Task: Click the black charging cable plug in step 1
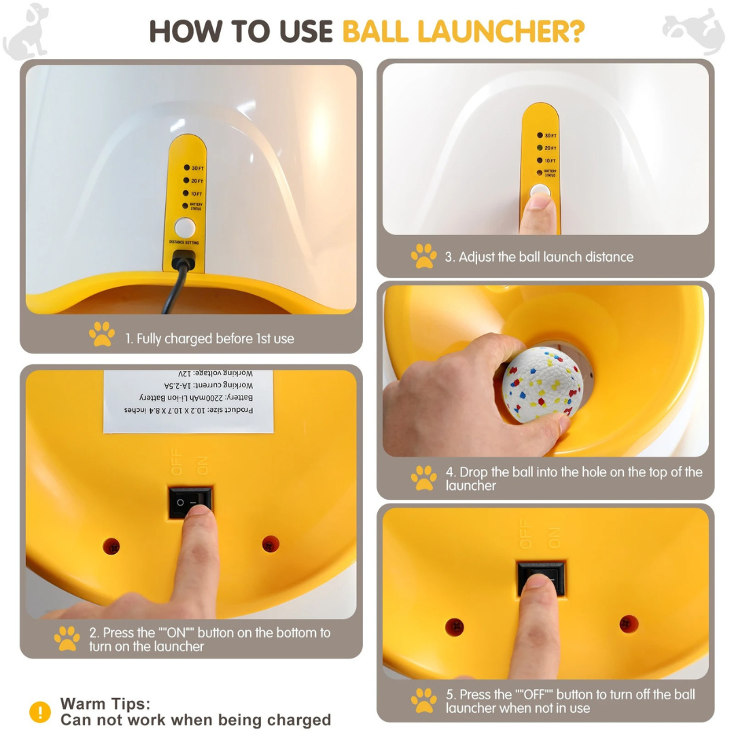tap(183, 259)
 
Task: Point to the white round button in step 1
tap(184, 228)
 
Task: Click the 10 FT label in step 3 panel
tap(550, 160)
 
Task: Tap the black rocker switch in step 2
tap(190, 502)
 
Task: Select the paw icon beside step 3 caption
tap(424, 257)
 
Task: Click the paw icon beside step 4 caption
tap(424, 478)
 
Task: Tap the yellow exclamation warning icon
tap(40, 712)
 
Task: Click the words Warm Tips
tap(105, 703)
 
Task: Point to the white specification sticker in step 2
tap(188, 402)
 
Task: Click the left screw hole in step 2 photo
tap(111, 545)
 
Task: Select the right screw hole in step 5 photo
tap(629, 623)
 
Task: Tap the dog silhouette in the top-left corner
tap(27, 31)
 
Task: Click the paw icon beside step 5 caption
tap(424, 701)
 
